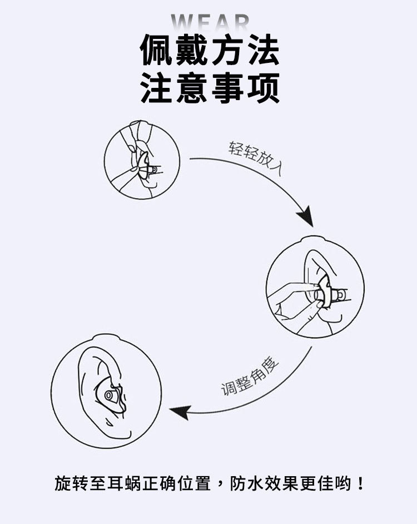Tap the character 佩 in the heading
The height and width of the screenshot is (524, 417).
pos(157,51)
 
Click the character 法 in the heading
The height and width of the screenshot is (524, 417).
pos(262,51)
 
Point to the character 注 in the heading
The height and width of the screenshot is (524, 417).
pos(157,88)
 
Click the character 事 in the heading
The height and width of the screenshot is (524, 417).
pos(227,88)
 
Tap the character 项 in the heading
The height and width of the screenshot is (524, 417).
pos(262,88)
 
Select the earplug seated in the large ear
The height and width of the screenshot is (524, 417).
pos(110,396)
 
